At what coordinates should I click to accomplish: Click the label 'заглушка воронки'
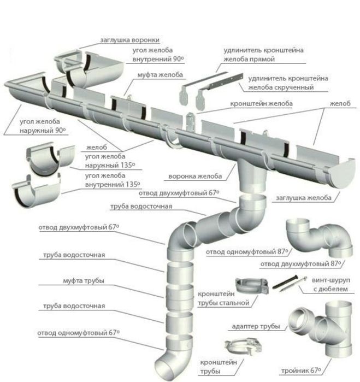pyautogui.click(x=130, y=40)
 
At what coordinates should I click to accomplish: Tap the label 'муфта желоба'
pyautogui.click(x=160, y=75)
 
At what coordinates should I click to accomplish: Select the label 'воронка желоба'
pyautogui.click(x=195, y=176)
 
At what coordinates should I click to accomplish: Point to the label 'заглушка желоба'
pyautogui.click(x=304, y=198)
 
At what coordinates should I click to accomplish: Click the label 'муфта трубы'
pyautogui.click(x=84, y=281)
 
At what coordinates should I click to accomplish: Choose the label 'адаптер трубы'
pyautogui.click(x=256, y=326)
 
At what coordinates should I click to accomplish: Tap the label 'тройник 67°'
pyautogui.click(x=302, y=371)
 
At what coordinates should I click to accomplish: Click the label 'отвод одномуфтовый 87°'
pyautogui.click(x=247, y=252)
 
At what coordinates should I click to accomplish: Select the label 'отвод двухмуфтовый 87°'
pyautogui.click(x=301, y=264)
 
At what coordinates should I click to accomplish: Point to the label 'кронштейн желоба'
pyautogui.click(x=261, y=103)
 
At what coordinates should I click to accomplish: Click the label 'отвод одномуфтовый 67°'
pyautogui.click(x=79, y=333)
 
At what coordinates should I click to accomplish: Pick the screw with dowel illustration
pyautogui.click(x=289, y=283)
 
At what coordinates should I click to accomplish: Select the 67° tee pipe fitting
pyautogui.click(x=321, y=328)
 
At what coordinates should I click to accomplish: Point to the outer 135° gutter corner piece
pyautogui.click(x=50, y=158)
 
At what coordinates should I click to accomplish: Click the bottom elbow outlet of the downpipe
pyautogui.click(x=174, y=357)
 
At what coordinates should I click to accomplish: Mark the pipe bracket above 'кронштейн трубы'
pyautogui.click(x=243, y=346)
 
